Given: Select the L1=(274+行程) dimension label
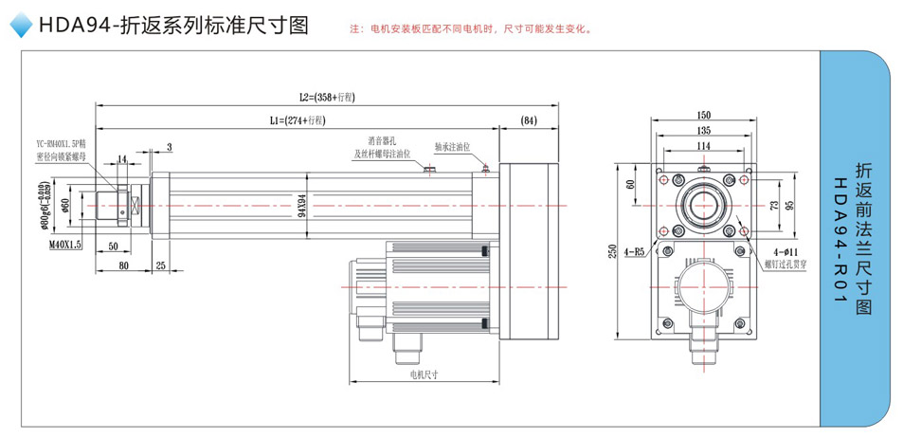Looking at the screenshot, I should tap(298, 120).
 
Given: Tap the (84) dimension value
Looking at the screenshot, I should tap(529, 120).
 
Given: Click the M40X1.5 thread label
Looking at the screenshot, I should tap(63, 244).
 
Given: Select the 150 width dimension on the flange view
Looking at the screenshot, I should tap(703, 114).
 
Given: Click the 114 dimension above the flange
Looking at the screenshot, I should tap(703, 146).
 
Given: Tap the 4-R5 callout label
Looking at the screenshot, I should tap(634, 253).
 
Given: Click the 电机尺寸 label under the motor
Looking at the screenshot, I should tap(424, 374).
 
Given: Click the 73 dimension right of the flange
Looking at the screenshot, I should tap(771, 204).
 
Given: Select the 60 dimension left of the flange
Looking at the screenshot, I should tap(631, 186).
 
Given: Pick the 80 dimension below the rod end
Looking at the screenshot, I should tap(123, 265).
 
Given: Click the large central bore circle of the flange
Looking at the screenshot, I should tap(703, 204).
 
